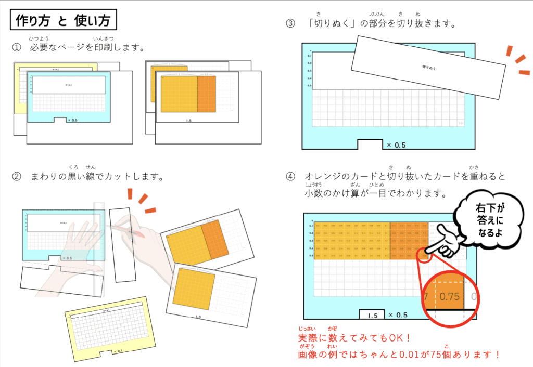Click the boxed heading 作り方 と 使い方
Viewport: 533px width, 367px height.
click(63, 21)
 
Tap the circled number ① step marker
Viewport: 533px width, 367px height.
click(17, 48)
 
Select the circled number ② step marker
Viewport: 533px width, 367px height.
click(17, 177)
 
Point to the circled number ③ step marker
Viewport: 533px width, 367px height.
click(290, 23)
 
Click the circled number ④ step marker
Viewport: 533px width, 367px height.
click(290, 177)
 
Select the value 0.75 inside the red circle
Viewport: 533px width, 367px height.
click(450, 297)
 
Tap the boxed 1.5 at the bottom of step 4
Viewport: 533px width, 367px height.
click(372, 315)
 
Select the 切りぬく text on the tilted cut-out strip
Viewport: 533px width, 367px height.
click(429, 67)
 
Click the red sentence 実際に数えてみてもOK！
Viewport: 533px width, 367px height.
click(354, 338)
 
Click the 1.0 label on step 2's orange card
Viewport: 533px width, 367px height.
click(198, 317)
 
